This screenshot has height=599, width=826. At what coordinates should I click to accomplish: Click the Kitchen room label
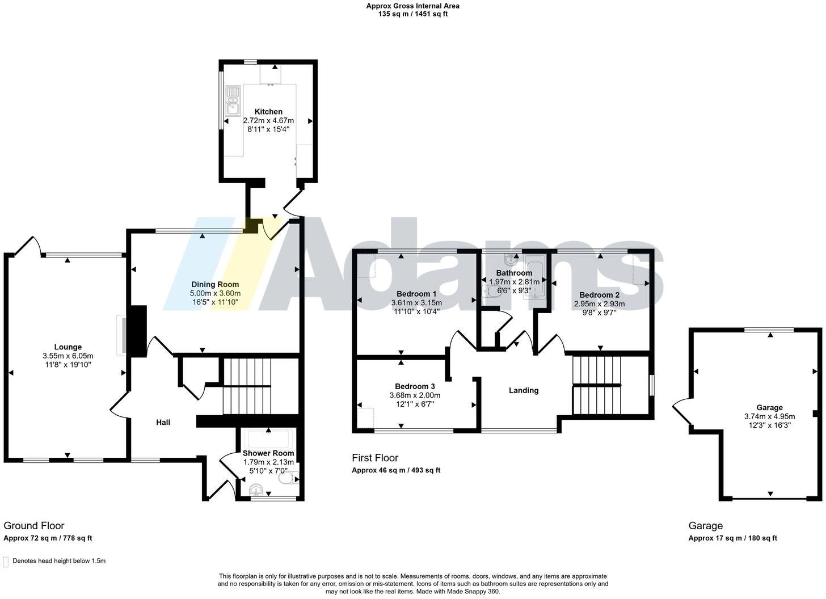click(x=268, y=112)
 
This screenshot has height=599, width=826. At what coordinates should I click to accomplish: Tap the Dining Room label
click(x=215, y=285)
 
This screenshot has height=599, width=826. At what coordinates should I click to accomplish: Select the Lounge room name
click(x=68, y=347)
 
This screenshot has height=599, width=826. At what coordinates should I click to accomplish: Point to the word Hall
click(x=163, y=422)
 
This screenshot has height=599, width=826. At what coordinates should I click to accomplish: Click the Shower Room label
click(x=268, y=453)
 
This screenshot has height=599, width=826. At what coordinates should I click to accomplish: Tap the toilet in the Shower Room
click(x=286, y=479)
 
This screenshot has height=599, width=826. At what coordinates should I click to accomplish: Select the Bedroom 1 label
click(x=416, y=294)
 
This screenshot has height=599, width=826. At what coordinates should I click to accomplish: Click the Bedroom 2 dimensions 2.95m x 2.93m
click(x=599, y=303)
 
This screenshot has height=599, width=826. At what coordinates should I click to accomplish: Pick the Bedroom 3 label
click(x=415, y=386)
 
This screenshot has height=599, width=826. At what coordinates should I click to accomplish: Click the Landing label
click(x=524, y=390)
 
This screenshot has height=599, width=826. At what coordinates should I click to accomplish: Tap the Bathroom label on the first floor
click(x=514, y=273)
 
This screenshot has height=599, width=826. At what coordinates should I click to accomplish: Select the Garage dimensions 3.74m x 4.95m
click(x=769, y=416)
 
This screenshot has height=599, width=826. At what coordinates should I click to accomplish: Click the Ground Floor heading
click(x=34, y=526)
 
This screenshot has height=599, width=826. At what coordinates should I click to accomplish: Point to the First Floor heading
click(x=375, y=458)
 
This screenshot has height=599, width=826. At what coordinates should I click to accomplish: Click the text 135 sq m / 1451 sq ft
click(x=412, y=14)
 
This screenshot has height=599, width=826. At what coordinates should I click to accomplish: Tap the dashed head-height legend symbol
click(x=6, y=562)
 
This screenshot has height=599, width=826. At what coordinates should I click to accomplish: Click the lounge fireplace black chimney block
click(x=137, y=331)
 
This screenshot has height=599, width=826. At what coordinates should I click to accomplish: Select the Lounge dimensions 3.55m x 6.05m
click(x=68, y=356)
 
